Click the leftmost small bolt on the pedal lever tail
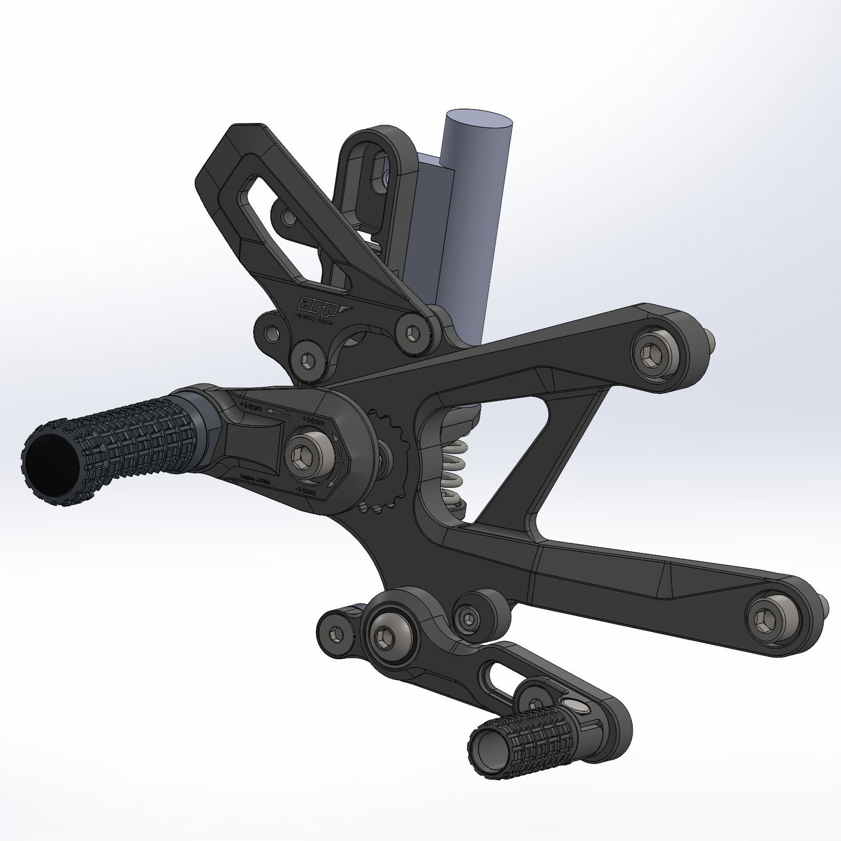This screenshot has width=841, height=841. [336, 631]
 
